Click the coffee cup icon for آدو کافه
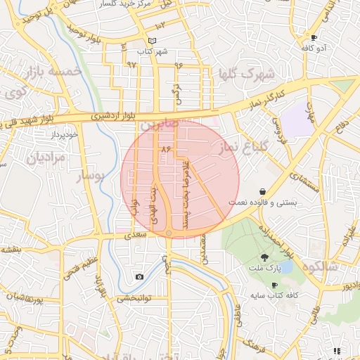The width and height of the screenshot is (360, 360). [x=314, y=37]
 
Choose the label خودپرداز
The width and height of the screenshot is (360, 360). [x=62, y=132]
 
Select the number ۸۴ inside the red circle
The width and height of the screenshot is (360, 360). [x=166, y=150]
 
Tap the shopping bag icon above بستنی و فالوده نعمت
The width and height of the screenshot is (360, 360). [x=262, y=191]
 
